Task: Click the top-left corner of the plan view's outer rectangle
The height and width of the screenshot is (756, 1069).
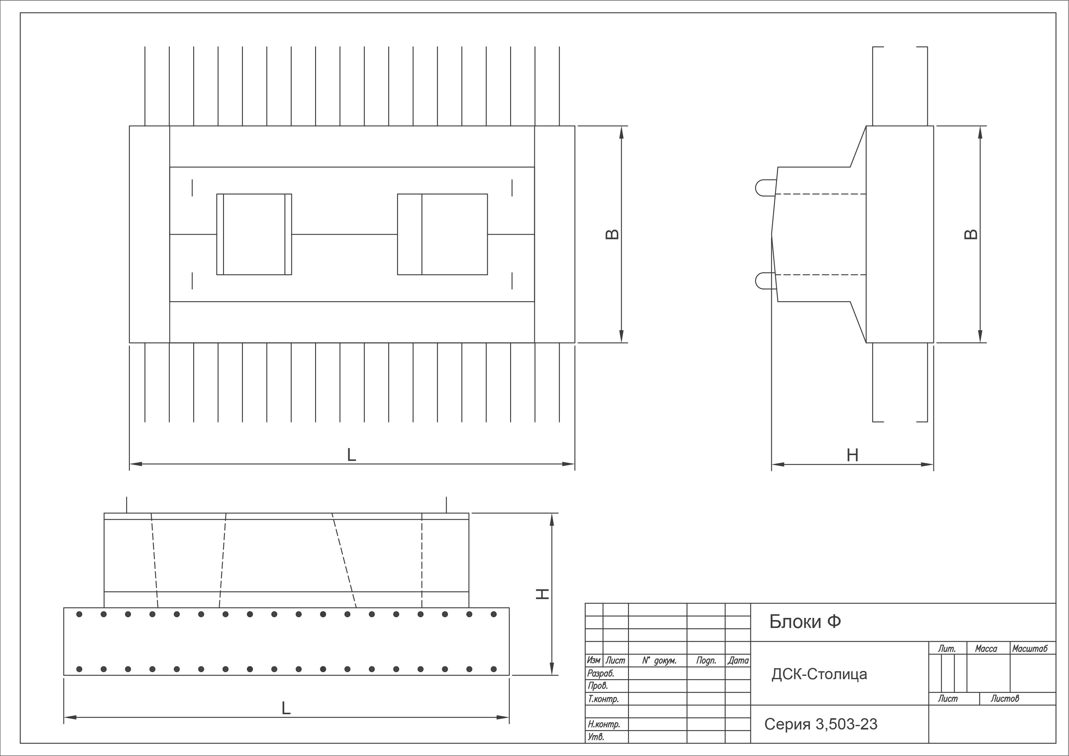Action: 130,126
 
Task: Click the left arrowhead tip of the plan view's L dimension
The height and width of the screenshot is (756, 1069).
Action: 130,464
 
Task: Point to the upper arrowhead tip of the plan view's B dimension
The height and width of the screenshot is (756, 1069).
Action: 621,126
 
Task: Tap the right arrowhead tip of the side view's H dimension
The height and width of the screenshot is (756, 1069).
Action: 933,464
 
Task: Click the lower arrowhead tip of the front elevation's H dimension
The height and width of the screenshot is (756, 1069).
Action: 552,675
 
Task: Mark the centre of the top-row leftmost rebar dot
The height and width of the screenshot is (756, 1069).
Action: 79,614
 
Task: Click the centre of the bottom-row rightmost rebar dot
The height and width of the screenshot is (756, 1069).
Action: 494,669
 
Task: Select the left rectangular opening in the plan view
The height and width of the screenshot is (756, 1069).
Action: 254,234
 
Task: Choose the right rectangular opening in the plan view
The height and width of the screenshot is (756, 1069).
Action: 442,234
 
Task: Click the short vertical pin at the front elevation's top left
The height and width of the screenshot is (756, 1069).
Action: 127,505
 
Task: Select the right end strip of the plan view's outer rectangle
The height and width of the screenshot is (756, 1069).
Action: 555,234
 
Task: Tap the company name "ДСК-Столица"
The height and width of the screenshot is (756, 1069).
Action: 819,674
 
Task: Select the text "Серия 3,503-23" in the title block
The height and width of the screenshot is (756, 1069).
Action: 821,724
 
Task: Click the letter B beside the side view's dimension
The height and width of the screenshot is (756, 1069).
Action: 971,234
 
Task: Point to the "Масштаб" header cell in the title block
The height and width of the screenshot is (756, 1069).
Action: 1030,648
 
